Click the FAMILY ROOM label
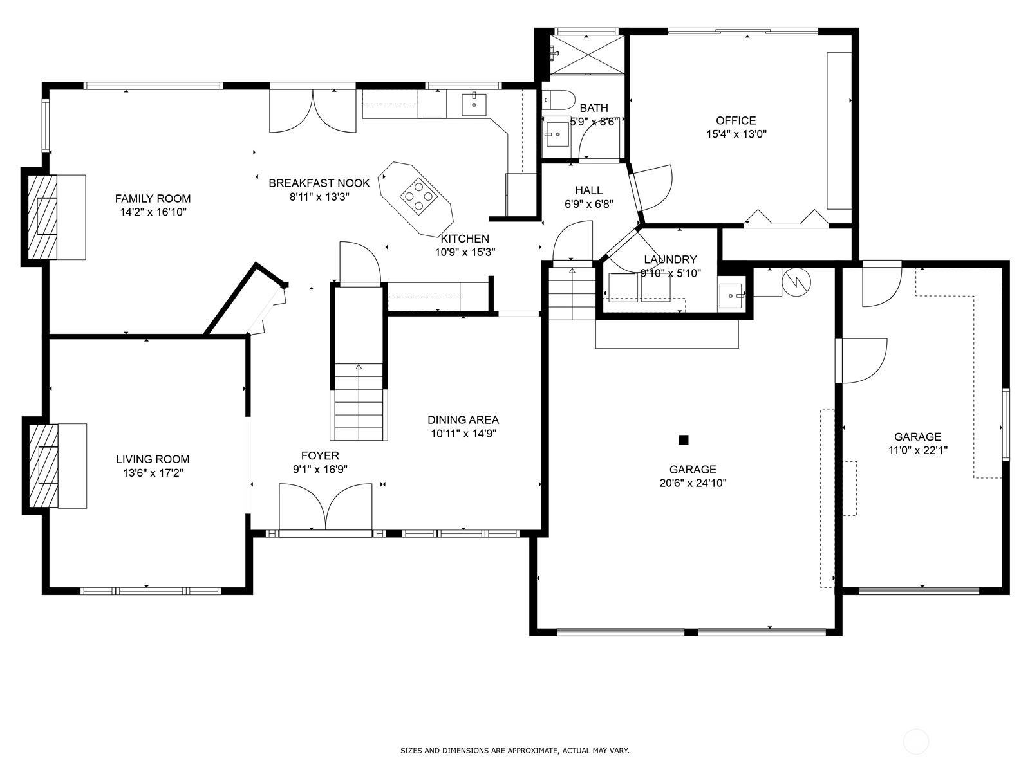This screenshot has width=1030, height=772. click(x=153, y=199)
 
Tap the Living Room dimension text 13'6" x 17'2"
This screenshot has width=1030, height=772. click(x=153, y=473)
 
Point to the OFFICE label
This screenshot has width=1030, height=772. click(x=736, y=120)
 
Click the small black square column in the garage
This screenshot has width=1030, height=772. click(x=683, y=439)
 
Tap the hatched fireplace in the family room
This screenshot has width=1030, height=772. click(x=42, y=217)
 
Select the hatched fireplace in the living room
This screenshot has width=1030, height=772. click(x=44, y=465)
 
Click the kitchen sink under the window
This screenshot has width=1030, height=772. click(x=474, y=104)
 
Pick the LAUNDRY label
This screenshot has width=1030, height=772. click(x=670, y=260)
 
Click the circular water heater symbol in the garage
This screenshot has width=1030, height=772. click(x=796, y=282)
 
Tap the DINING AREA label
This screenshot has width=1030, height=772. click(x=463, y=420)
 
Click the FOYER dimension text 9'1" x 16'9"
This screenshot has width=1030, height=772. click(x=320, y=469)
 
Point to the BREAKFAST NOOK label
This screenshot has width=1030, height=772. click(x=319, y=183)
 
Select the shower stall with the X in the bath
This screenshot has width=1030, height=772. click(x=587, y=55)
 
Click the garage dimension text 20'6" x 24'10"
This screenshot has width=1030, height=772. click(x=693, y=482)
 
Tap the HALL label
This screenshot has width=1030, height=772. click(x=589, y=190)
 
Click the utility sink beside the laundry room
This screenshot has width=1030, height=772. click(x=731, y=296)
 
